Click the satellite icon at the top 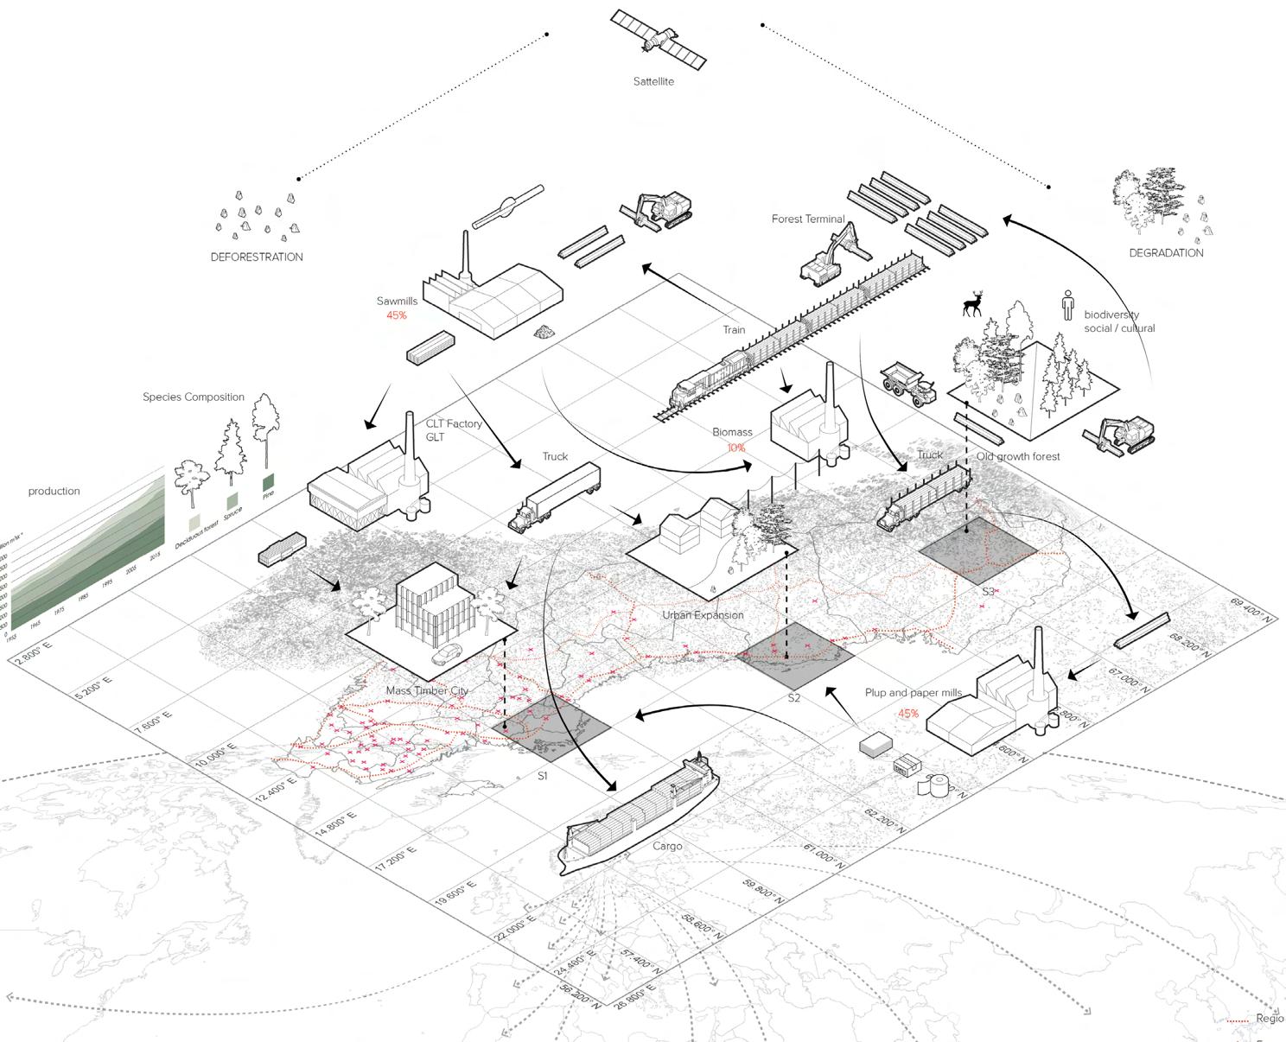pos(659,40)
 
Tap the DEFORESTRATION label pos(257,257)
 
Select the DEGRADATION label pos(1166,253)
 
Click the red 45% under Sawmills pos(397,315)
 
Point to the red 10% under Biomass pos(735,448)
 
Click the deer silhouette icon pos(973,303)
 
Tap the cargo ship pos(640,813)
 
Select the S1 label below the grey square pos(543,776)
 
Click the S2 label pos(794,697)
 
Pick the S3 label pos(988,592)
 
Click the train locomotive pos(708,383)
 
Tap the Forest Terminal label pos(808,219)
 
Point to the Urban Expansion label pos(703,615)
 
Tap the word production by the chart pos(54,492)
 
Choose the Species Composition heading pos(194,397)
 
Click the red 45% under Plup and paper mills pos(908,714)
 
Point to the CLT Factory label pos(454,424)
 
